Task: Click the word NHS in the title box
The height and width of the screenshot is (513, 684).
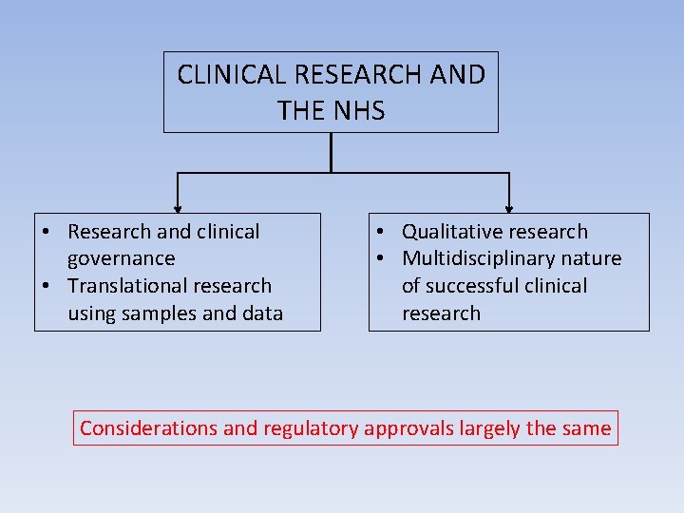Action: [358, 110]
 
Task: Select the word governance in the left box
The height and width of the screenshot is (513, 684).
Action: [122, 258]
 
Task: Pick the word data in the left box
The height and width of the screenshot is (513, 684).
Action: [263, 313]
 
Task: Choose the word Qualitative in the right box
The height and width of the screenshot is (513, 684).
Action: [450, 232]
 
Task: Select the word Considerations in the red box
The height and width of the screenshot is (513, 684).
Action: [148, 428]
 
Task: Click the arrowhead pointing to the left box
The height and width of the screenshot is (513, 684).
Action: [178, 208]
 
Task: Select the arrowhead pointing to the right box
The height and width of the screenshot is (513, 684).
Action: [509, 208]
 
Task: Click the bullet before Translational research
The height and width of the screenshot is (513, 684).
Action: [46, 286]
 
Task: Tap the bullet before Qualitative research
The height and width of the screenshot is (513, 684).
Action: [378, 232]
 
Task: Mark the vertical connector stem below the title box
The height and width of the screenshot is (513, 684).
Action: [331, 152]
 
